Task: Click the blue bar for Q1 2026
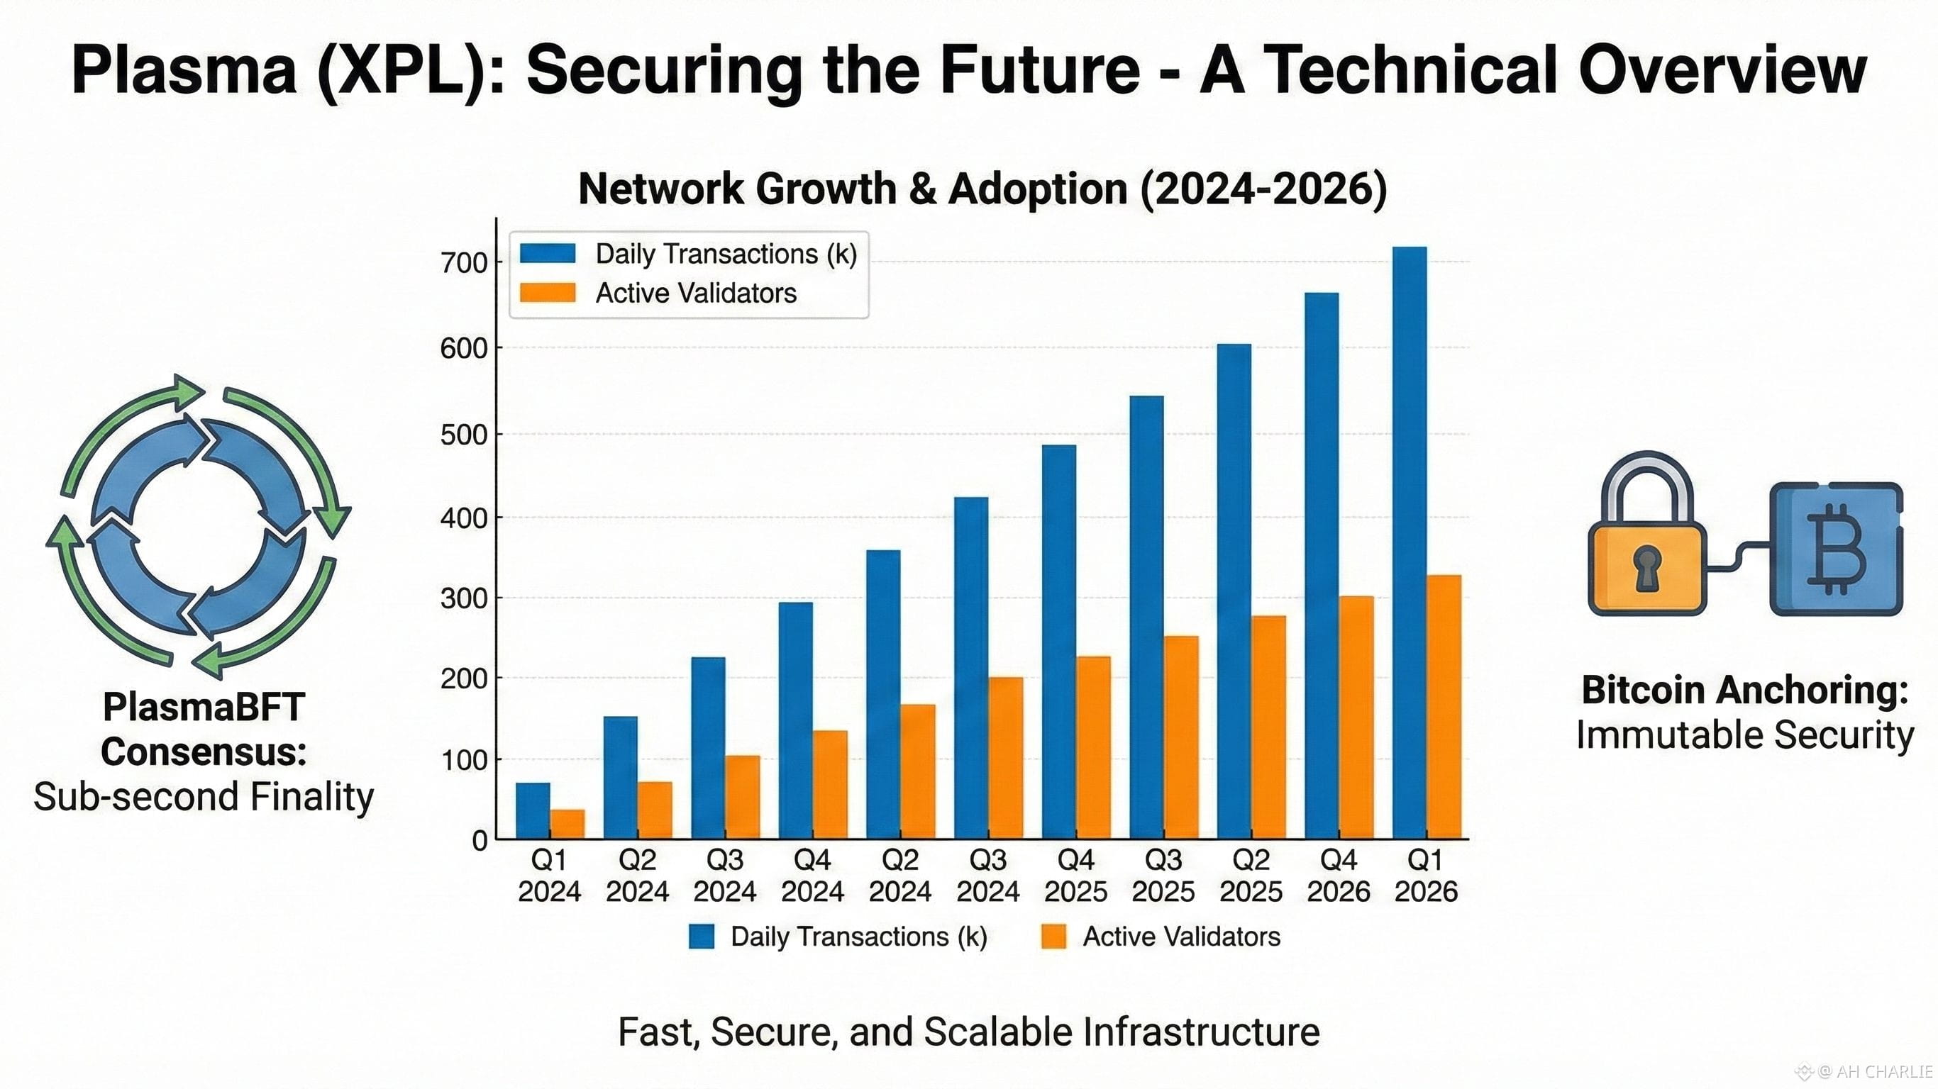tap(1409, 542)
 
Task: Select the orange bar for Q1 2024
tap(567, 824)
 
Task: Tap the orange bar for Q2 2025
tap(1268, 727)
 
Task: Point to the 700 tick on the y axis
tap(464, 263)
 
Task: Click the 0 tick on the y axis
tap(480, 841)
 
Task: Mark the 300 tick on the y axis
tap(464, 598)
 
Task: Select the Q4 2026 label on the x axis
tap(1338, 876)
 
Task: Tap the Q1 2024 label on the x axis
tap(549, 876)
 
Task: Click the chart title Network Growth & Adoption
tap(982, 188)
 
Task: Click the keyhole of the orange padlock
tap(1647, 567)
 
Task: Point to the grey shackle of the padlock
tap(1647, 481)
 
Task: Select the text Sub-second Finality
tap(203, 796)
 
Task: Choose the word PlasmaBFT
tap(203, 707)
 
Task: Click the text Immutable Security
tap(1744, 735)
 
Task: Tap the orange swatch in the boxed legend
tap(548, 293)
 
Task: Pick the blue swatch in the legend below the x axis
tap(701, 937)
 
